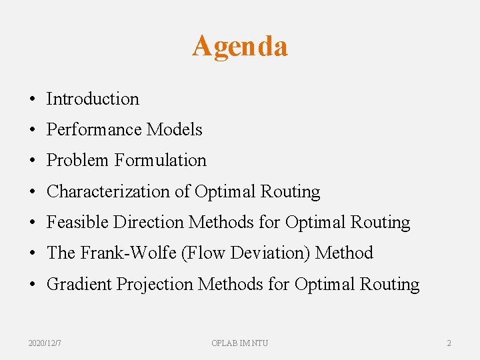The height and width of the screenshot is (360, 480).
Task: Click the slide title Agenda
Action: pyautogui.click(x=240, y=47)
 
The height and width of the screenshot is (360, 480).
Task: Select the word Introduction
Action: pyautogui.click(x=93, y=99)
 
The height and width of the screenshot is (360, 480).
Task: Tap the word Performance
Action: pyautogui.click(x=94, y=129)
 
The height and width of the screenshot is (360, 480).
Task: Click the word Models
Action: pyautogui.click(x=174, y=129)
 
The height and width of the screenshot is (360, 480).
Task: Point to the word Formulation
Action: pyautogui.click(x=161, y=160)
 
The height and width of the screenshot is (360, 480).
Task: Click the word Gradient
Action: pyautogui.click(x=79, y=284)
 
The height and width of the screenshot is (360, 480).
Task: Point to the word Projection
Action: pyautogui.click(x=155, y=284)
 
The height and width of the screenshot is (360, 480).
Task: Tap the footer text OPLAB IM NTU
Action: pyautogui.click(x=240, y=343)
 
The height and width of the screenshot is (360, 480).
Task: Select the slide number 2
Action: pyautogui.click(x=449, y=343)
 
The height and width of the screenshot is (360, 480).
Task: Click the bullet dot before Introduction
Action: pyautogui.click(x=33, y=99)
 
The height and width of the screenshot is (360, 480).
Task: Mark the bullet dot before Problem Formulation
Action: pyautogui.click(x=33, y=161)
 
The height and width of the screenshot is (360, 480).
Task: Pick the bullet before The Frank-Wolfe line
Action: pyautogui.click(x=33, y=253)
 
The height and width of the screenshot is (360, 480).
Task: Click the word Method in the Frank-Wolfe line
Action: pyautogui.click(x=344, y=253)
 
